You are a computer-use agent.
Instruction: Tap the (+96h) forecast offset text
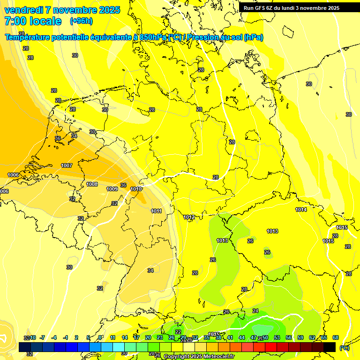point(81,21)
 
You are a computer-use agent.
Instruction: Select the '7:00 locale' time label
point(33,21)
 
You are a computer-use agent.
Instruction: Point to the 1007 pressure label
point(67,165)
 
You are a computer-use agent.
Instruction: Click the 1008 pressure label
point(92,184)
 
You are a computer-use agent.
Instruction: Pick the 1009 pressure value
point(112,189)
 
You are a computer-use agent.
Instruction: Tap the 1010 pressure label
point(135,189)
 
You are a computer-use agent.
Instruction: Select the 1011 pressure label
point(157,211)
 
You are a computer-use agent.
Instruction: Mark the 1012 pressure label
point(189,217)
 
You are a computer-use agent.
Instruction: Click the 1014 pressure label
point(301,210)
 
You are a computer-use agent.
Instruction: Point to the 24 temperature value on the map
point(255,311)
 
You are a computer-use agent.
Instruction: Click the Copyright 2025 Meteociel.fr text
point(199,356)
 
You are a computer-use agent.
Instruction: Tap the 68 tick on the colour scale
point(336,337)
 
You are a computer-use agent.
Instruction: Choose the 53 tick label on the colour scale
point(277,337)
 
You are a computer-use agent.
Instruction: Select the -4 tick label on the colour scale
point(53,337)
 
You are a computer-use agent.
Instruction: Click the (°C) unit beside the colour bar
point(345,347)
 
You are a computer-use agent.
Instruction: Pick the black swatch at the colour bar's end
point(330,347)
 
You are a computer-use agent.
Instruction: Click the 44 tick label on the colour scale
point(241,337)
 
